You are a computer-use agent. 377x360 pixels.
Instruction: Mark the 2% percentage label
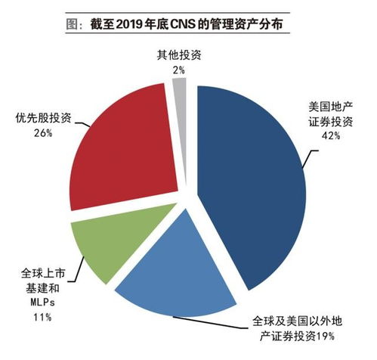point(179,70)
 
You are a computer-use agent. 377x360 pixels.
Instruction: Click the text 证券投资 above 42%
point(331,121)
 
